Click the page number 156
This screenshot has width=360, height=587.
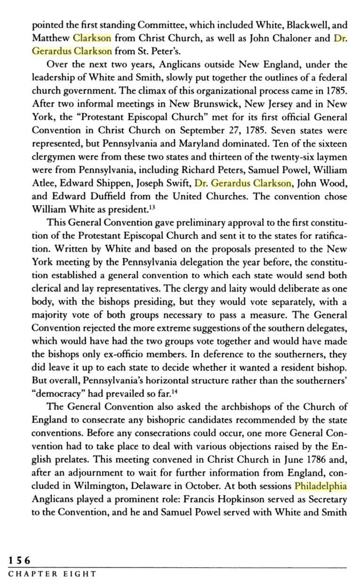pos(19,560)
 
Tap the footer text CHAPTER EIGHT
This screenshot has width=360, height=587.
pos(52,574)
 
